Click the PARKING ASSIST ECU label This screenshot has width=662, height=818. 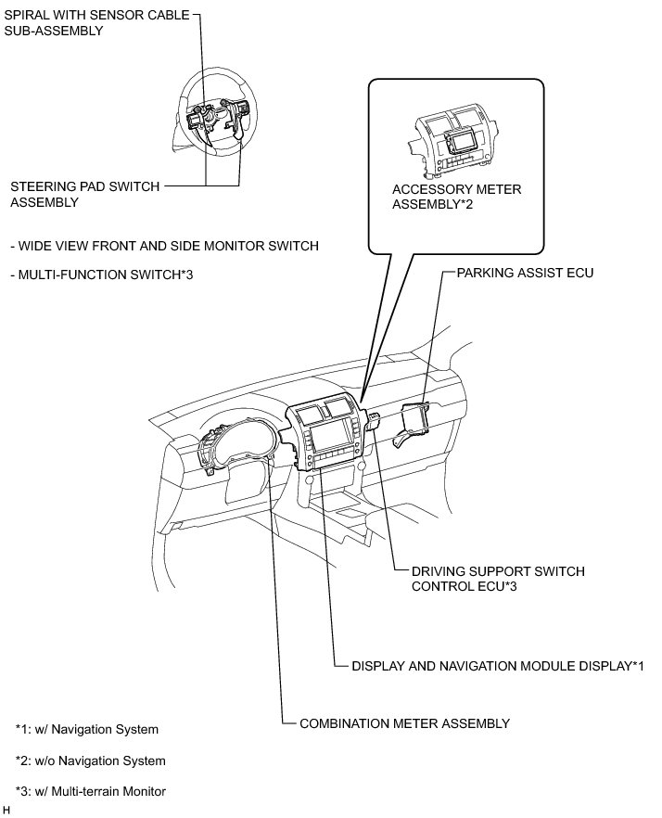(525, 274)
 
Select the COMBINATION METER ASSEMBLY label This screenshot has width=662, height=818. (404, 722)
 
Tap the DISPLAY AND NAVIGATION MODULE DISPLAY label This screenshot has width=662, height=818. (498, 666)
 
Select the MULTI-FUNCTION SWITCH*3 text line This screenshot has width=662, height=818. (101, 273)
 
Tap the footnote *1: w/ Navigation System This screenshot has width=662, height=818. (86, 729)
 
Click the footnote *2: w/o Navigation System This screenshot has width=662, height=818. (90, 760)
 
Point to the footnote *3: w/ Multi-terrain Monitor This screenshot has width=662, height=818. (90, 791)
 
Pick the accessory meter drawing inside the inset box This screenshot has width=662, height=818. (454, 139)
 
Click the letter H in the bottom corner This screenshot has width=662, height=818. (6, 810)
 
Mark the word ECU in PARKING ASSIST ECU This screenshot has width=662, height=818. (579, 274)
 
